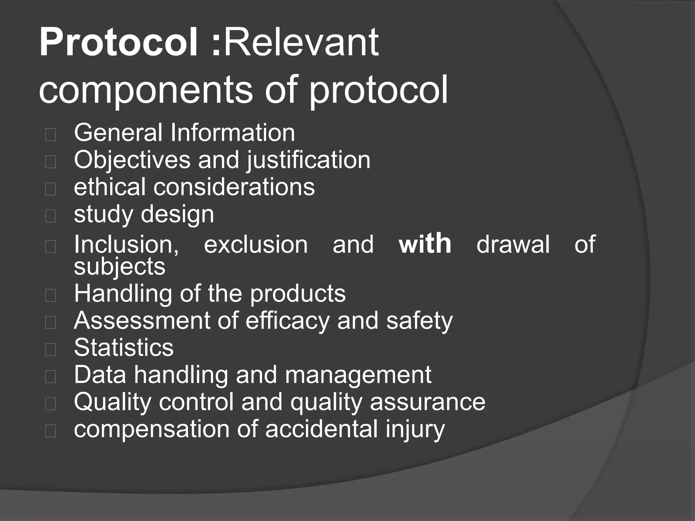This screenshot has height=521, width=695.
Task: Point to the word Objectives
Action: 132,160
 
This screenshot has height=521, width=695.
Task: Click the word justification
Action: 308,160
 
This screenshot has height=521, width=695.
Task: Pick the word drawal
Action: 513,244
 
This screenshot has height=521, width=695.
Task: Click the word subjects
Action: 119,266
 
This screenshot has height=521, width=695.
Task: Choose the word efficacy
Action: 287,321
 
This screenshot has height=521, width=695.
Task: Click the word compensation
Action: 152,429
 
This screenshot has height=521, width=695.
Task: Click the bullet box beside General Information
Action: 50,135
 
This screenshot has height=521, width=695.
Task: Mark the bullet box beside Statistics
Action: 50,349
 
